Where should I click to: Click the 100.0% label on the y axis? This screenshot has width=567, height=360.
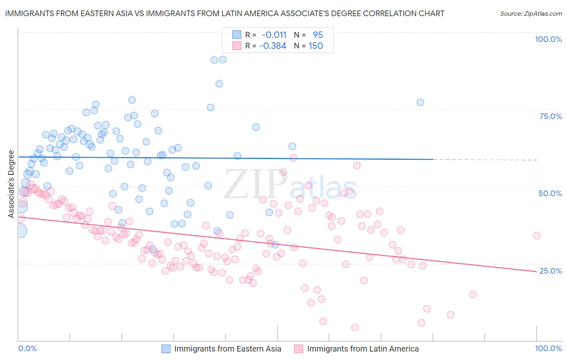click(548, 39)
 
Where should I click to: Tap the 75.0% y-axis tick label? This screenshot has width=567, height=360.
click(550, 116)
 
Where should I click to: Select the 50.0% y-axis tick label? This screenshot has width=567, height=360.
click(550, 193)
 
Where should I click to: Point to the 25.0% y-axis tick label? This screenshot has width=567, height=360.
click(550, 271)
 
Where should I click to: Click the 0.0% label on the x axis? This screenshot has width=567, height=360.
click(27, 348)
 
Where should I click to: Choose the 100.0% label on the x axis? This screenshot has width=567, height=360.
click(548, 348)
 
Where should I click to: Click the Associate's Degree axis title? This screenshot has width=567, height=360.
click(11, 184)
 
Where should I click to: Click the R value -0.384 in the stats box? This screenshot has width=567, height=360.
click(273, 46)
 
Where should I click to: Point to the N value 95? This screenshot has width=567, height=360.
click(318, 35)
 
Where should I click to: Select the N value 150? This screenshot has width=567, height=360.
click(316, 46)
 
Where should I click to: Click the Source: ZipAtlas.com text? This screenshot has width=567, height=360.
click(531, 14)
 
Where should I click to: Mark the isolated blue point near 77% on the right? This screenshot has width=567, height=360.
click(420, 103)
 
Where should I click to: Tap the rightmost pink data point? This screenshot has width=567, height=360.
click(536, 236)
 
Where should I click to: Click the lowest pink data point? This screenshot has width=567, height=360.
click(355, 327)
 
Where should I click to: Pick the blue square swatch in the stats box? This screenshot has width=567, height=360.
click(236, 35)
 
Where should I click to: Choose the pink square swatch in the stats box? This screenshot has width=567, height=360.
click(236, 46)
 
